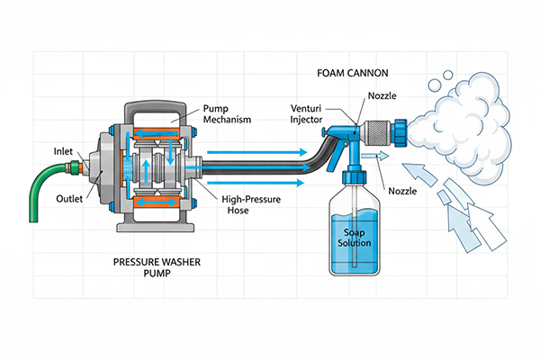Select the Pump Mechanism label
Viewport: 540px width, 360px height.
pyautogui.click(x=229, y=112)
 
